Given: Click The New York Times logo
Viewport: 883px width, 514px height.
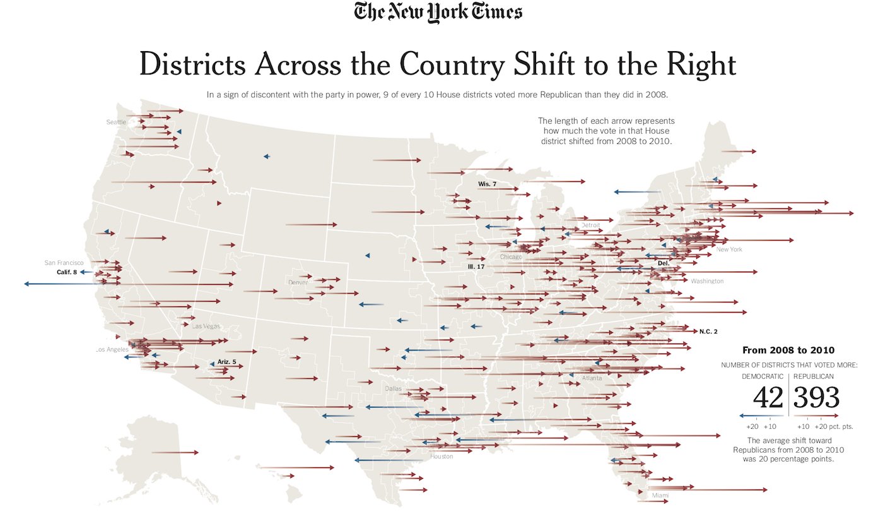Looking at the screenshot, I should point(438,13).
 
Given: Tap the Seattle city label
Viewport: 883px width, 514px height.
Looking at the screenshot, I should point(116,122).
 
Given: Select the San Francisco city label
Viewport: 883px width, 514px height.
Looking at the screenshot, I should point(64,262).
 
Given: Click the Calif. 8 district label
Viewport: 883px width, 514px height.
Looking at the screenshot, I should point(66,272).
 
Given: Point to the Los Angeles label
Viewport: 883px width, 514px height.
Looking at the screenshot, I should point(112,350).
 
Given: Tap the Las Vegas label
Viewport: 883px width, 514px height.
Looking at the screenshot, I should point(206,326).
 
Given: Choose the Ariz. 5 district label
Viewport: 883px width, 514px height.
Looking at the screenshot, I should point(226,362).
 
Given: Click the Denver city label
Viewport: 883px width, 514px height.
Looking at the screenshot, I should point(298,282).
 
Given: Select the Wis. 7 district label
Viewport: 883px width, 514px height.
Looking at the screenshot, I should point(487,184).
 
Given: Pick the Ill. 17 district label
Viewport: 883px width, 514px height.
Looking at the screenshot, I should point(476,267).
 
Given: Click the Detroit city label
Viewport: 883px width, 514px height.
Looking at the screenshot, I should point(590,225).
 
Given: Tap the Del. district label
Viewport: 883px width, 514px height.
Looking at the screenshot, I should point(663,263).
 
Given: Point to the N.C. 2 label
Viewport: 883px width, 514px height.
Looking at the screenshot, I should point(708,332).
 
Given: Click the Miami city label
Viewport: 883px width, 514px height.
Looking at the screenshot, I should point(660,496).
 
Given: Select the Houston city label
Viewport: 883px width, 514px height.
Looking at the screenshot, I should point(441,457).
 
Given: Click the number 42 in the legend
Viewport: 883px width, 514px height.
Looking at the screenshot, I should point(768,398).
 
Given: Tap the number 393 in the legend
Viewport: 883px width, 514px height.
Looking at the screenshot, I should point(816,398).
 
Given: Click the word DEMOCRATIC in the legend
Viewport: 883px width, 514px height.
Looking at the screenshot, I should point(762,376).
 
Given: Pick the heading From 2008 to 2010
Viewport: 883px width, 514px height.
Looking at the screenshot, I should point(788,350).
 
